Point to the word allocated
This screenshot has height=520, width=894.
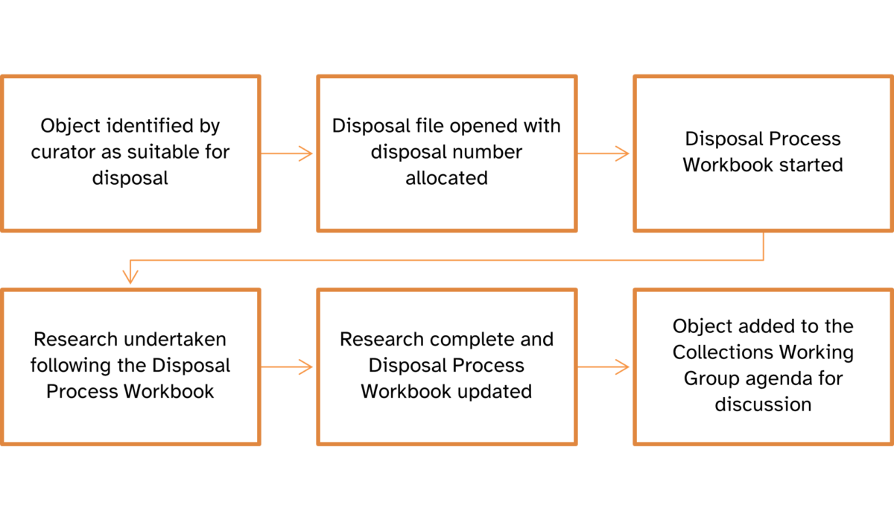coord(446,178)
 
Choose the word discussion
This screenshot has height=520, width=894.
coord(763,405)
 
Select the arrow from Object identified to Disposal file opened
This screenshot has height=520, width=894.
coord(288,154)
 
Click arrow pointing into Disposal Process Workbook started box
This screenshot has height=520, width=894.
coord(604,154)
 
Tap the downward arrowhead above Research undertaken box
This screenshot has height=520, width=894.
coord(130,277)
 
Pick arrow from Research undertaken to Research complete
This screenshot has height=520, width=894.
coord(288,367)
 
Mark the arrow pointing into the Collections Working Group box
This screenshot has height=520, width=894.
coord(604,367)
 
